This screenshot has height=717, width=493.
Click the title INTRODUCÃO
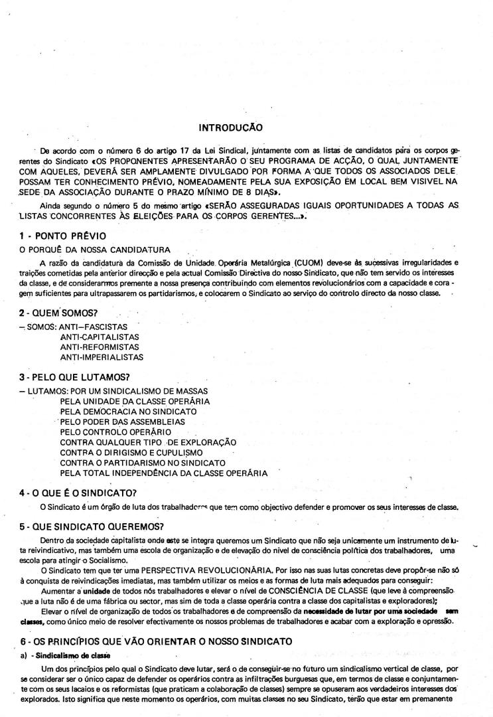pos(230,126)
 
